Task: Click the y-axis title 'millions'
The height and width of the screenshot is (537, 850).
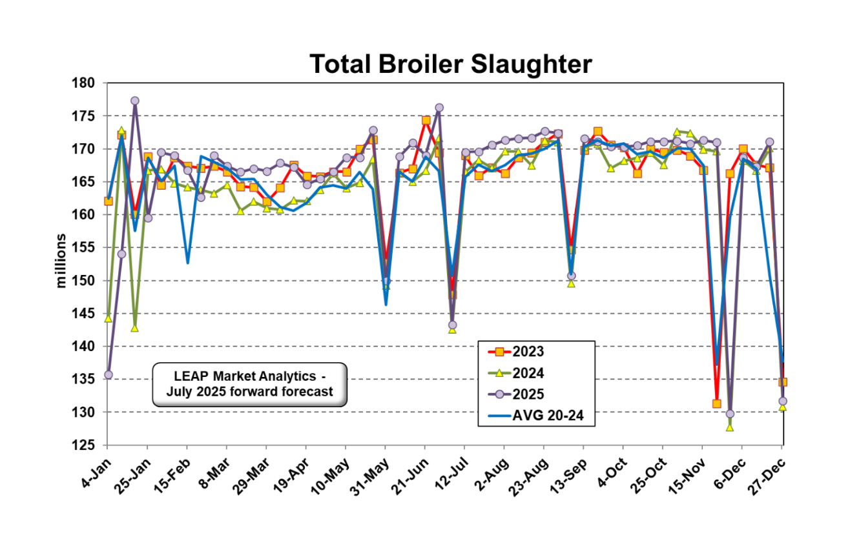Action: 61,261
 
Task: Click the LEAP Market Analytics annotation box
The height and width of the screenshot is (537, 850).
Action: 249,384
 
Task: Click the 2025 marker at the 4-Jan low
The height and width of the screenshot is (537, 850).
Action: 108,374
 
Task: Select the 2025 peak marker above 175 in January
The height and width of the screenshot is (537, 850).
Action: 134,101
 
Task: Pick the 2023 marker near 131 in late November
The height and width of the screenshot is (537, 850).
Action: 716,403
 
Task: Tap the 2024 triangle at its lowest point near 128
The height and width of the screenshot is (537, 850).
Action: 730,427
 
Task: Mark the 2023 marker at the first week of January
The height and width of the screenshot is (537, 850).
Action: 108,201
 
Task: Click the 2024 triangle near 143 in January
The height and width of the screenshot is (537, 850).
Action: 134,328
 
